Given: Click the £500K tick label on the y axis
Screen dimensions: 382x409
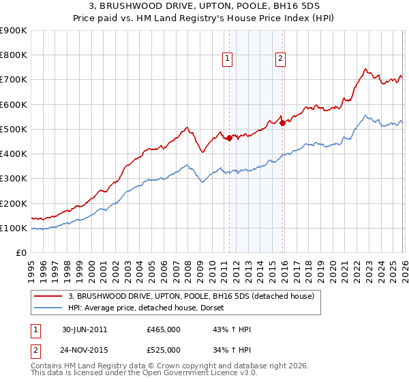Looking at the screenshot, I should point(14,129).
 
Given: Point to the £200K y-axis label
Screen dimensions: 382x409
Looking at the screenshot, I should point(14,203).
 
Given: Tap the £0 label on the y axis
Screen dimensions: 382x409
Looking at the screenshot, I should point(21,253).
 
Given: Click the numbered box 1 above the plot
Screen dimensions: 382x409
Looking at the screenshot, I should point(228,59).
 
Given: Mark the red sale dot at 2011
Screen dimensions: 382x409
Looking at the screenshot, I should point(229,138).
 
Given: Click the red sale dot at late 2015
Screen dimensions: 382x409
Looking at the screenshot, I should point(282,123).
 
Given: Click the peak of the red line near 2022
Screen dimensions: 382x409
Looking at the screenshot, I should point(365,69).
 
